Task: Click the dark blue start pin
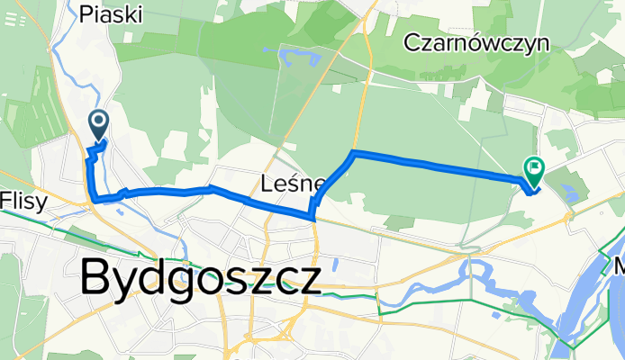click(x=98, y=123)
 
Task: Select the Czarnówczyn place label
click(x=476, y=42)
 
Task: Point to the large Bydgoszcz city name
click(x=200, y=277)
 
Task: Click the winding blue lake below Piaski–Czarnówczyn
click(x=299, y=60)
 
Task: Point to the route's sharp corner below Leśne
click(x=312, y=216)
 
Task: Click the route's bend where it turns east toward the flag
click(x=354, y=154)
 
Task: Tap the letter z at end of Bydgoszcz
click(x=307, y=280)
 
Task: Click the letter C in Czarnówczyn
click(x=413, y=42)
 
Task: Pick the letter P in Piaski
click(x=86, y=13)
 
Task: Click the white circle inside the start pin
click(x=98, y=120)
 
